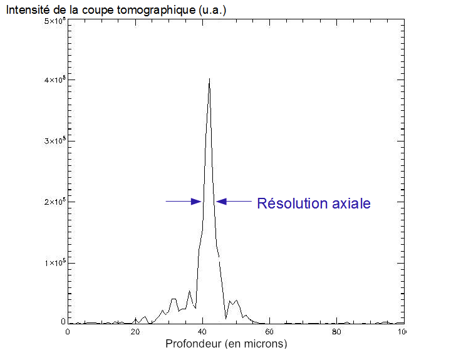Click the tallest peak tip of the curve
(x=209, y=79)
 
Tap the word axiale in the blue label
(x=351, y=203)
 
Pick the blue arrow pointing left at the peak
(x=234, y=201)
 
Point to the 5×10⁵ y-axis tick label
(x=54, y=21)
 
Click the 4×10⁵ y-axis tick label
(x=54, y=81)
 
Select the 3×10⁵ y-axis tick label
(x=54, y=141)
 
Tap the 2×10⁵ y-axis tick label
(x=54, y=202)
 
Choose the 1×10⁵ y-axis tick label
(x=54, y=263)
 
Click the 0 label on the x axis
(x=68, y=332)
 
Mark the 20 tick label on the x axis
(x=135, y=332)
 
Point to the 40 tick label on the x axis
(x=202, y=332)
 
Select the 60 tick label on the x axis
(x=269, y=332)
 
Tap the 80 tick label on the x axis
(x=337, y=332)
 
